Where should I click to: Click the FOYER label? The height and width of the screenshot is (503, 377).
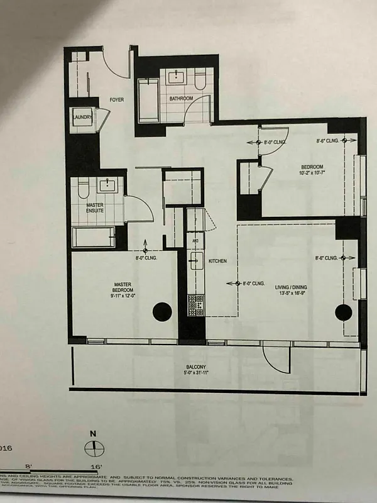click(x=117, y=100)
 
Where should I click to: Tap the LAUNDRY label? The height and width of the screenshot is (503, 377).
click(x=82, y=117)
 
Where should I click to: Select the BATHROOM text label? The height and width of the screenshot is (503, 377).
click(x=180, y=99)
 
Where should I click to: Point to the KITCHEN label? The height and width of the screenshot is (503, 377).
click(x=217, y=261)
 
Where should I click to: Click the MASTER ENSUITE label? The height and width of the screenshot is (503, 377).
click(x=96, y=208)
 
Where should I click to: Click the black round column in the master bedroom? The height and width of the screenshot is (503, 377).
click(x=163, y=311)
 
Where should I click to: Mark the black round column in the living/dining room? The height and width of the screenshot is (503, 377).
click(x=344, y=312)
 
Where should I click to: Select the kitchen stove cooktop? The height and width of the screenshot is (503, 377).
click(x=196, y=305)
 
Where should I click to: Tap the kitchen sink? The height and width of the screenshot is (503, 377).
click(x=195, y=258)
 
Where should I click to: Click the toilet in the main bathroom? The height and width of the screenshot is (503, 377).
click(x=200, y=80)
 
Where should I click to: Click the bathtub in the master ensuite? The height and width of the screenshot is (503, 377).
click(x=93, y=238)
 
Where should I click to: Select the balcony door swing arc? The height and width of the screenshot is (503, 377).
click(x=275, y=358)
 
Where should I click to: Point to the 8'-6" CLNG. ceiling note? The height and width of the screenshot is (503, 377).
click(x=328, y=141)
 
